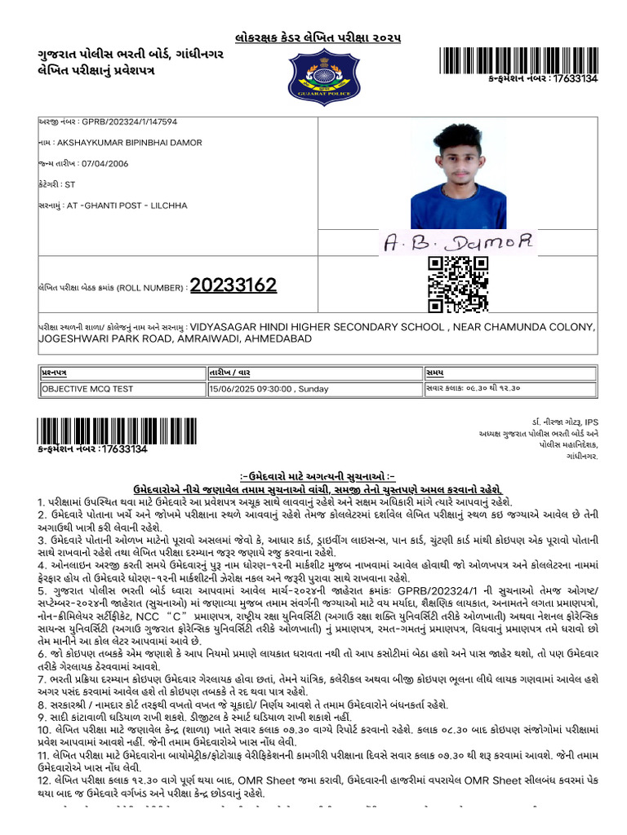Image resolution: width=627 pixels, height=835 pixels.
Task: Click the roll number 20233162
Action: [x=233, y=285]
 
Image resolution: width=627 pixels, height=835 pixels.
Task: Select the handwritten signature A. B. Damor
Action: [x=458, y=241]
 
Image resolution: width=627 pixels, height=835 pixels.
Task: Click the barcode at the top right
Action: [x=518, y=60]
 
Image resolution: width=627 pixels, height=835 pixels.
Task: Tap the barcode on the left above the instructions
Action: [x=117, y=430]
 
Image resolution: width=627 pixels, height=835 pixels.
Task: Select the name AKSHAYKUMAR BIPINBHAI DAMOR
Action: [x=134, y=143]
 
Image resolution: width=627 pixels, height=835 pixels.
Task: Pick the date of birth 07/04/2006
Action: [x=106, y=164]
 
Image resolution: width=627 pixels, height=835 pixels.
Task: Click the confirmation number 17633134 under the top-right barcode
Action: [x=575, y=78]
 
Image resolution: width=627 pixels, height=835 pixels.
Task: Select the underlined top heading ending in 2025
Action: [x=318, y=38]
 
